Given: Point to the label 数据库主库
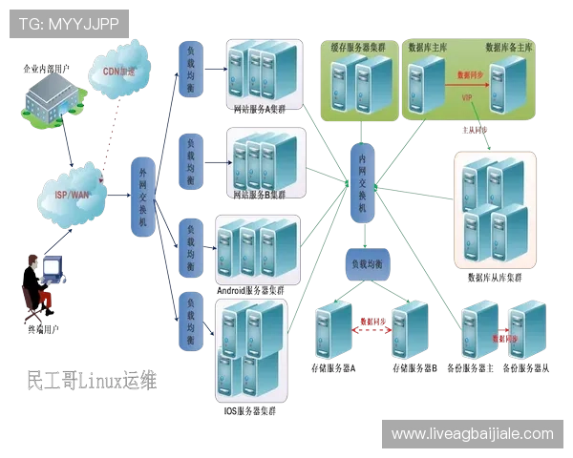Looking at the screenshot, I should [x=430, y=46].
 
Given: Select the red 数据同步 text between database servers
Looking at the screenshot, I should [x=471, y=73].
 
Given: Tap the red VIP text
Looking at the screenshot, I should [x=468, y=97].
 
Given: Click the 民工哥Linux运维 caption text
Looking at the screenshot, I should [x=91, y=380].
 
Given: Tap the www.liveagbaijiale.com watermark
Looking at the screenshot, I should [x=472, y=434].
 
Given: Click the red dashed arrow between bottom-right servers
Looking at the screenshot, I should [x=499, y=337].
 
